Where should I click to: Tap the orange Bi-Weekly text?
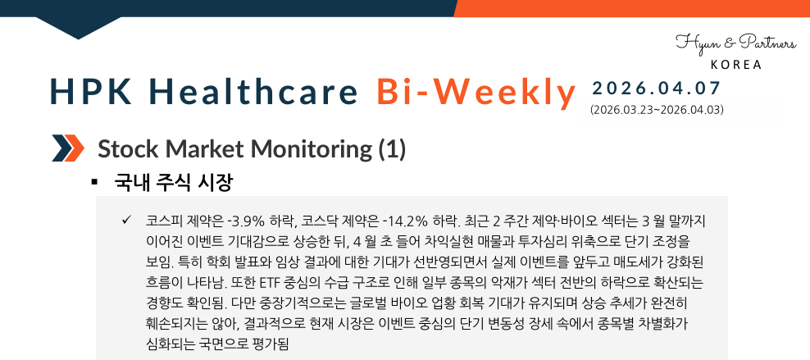click(477, 92)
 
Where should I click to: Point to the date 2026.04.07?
click(656, 88)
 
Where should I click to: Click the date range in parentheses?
click(656, 108)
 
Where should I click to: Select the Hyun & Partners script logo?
click(735, 43)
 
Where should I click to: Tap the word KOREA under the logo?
click(735, 65)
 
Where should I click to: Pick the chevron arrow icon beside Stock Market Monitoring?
click(68, 148)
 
